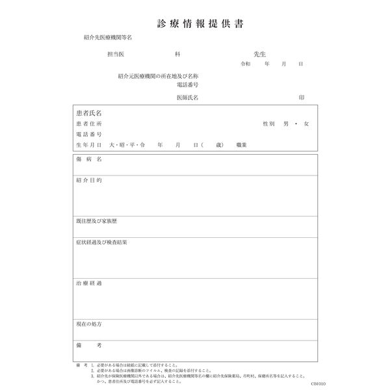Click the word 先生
click(261, 56)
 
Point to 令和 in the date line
click(245, 65)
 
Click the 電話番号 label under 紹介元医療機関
click(187, 85)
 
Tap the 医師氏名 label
click(187, 97)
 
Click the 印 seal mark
click(302, 97)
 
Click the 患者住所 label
click(88, 123)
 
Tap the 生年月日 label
click(88, 144)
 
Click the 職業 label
click(241, 144)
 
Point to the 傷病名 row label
click(88, 160)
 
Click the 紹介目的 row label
click(88, 179)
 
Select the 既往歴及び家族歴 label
click(96, 221)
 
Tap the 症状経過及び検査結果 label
click(101, 242)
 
